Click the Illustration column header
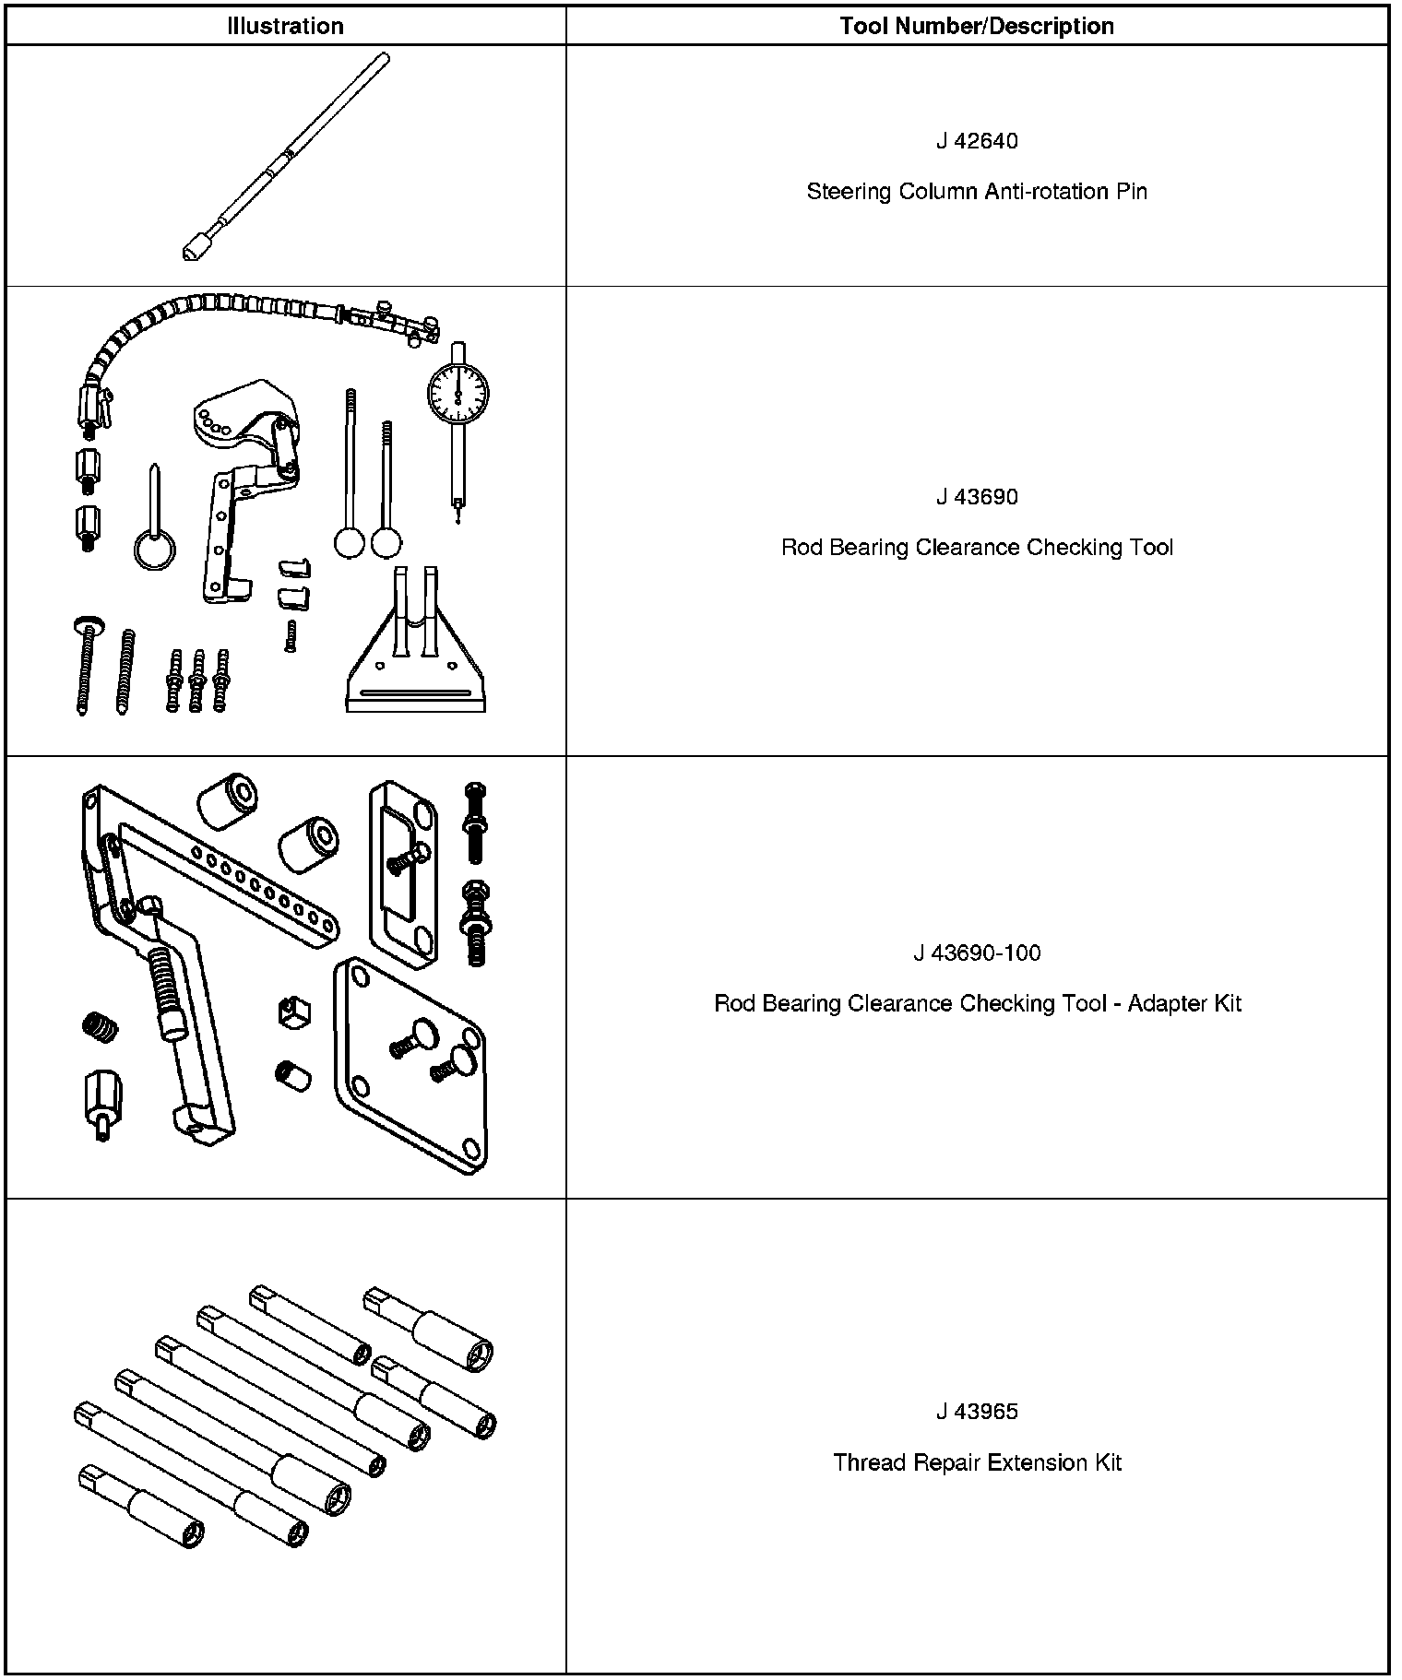(285, 26)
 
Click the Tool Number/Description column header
(976, 26)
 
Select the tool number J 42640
(977, 141)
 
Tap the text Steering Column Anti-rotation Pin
(977, 192)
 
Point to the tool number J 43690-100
(977, 952)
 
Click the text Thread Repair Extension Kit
(977, 1462)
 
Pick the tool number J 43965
(977, 1412)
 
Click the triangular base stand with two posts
(415, 664)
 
